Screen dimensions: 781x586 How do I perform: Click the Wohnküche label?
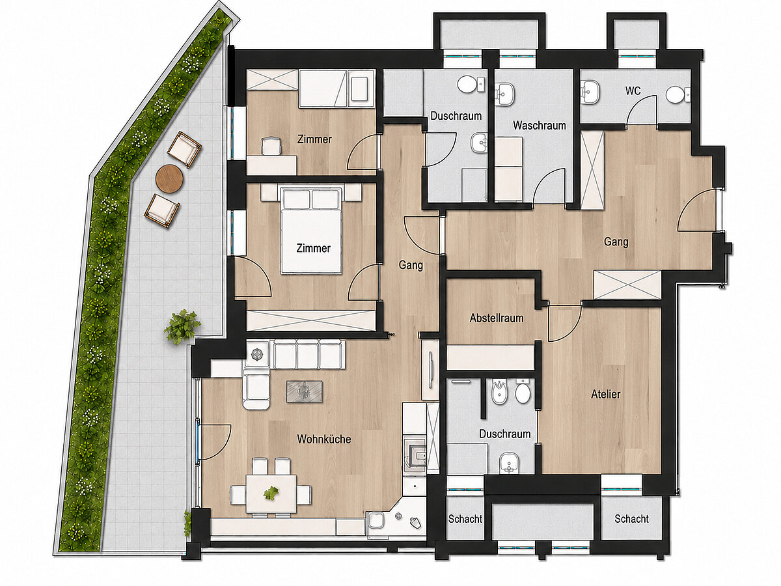click(323, 439)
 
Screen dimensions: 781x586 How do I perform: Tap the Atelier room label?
click(605, 394)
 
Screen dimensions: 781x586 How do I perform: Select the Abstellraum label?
click(497, 318)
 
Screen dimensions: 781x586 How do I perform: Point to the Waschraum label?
click(539, 126)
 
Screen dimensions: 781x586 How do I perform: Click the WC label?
click(633, 91)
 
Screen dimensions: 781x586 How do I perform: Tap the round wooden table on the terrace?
click(169, 178)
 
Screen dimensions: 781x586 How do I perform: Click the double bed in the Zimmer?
click(311, 230)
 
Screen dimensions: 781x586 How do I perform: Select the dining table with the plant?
click(271, 494)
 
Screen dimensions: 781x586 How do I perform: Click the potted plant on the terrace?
click(182, 327)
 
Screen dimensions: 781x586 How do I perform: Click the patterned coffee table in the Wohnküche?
click(304, 392)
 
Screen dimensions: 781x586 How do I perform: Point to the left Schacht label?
click(465, 519)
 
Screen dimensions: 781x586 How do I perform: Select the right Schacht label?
click(631, 519)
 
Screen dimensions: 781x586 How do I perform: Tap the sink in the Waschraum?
click(504, 94)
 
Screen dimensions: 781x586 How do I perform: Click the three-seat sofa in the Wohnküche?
click(307, 354)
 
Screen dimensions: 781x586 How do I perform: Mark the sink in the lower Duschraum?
click(509, 463)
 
